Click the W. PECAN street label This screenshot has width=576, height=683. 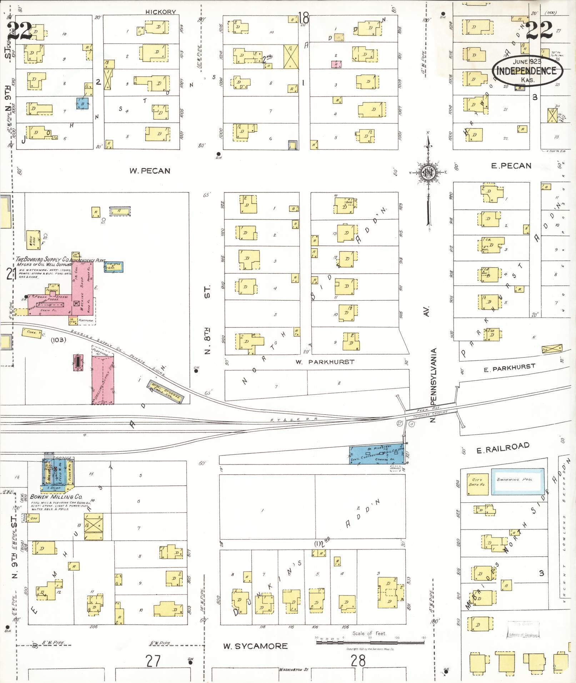(150, 171)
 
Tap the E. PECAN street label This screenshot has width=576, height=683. (511, 166)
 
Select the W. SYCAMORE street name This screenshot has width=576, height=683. (255, 646)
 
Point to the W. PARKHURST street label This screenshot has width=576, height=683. (325, 362)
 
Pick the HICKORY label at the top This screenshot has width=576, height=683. (161, 12)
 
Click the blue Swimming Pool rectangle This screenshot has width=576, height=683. (518, 481)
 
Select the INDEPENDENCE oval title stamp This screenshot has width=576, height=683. (527, 71)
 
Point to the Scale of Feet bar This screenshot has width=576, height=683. (370, 642)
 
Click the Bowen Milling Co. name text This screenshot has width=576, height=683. (56, 497)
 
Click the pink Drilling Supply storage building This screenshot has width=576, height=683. (103, 380)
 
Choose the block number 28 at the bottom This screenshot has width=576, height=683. (358, 661)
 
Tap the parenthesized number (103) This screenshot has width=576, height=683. (58, 340)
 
